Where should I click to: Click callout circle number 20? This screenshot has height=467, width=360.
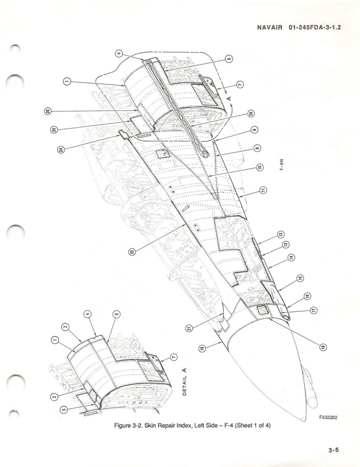(48, 112)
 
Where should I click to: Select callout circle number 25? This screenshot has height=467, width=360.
(54, 129)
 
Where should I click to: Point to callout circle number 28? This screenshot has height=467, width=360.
(251, 113)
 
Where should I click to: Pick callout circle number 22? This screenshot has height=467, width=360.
(132, 252)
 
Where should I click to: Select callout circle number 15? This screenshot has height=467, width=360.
(300, 278)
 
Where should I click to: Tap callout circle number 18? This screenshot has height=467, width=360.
(323, 347)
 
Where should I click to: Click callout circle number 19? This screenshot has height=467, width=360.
(202, 348)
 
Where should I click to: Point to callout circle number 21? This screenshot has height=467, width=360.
(189, 328)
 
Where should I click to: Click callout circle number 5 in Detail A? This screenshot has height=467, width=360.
(64, 410)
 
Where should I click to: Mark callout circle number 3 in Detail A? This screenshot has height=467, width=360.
(54, 396)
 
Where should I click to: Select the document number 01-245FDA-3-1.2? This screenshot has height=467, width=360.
(315, 28)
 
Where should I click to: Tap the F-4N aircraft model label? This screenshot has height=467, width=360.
(282, 164)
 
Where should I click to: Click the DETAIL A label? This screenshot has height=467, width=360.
(184, 382)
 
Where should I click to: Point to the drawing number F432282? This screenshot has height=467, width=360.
(328, 417)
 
